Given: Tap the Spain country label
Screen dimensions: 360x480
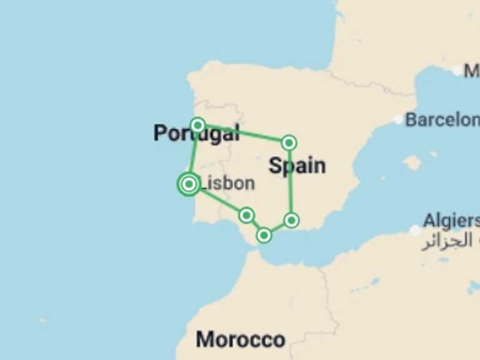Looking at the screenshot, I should [x=297, y=166].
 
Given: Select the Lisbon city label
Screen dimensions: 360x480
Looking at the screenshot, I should [x=229, y=183].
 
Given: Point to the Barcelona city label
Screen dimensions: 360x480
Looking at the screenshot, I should [x=442, y=119].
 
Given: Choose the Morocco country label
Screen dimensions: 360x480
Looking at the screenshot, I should [x=241, y=339].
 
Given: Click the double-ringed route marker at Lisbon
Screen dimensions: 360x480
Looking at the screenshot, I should [x=189, y=184].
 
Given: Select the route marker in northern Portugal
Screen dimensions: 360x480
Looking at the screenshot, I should [x=197, y=125].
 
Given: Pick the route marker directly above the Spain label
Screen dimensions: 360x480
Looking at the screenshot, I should [x=289, y=143].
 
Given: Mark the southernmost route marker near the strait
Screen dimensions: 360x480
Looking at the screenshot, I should [x=264, y=235].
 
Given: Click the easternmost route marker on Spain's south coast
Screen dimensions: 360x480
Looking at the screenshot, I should [x=291, y=220].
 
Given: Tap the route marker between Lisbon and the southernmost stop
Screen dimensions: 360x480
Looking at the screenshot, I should [x=246, y=216].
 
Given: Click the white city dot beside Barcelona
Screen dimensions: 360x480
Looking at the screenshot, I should [x=399, y=119].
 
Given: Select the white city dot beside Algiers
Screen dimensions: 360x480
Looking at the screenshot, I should [x=415, y=231].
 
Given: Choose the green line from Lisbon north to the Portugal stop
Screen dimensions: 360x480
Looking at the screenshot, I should [x=194, y=153].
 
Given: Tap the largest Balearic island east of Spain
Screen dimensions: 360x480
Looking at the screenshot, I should [x=412, y=163].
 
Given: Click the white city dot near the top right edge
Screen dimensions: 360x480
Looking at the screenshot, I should [x=457, y=71].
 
